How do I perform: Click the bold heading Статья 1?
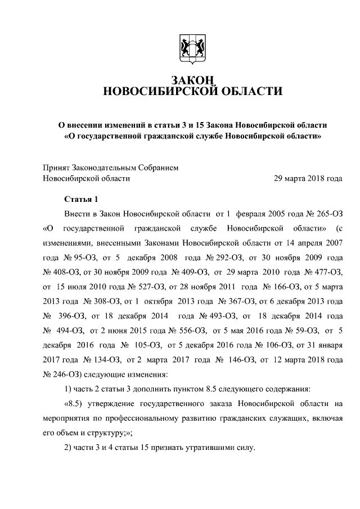(x=81, y=199)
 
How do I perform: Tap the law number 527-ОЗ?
(x=136, y=287)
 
